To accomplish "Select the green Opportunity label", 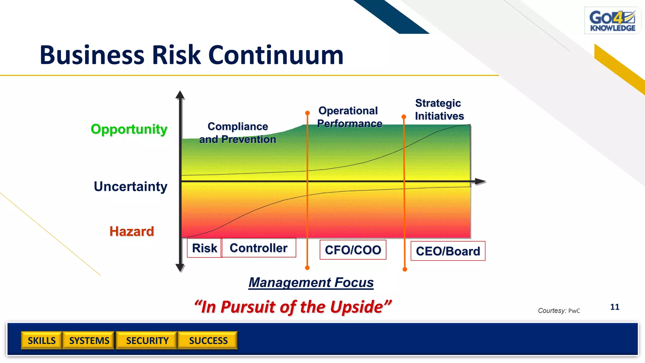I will [129, 129].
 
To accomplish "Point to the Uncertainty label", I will [130, 187].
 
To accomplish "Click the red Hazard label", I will [132, 232].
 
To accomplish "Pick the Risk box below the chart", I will [204, 248].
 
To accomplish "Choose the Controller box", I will [259, 248].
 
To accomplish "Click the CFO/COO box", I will [353, 250].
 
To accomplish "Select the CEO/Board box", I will [448, 251].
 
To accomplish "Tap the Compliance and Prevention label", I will [238, 133].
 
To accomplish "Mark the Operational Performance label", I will [349, 117].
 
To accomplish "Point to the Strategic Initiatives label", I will [439, 110].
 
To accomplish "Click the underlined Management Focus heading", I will [311, 283].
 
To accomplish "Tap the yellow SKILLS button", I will [42, 341].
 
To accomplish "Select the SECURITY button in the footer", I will [147, 341].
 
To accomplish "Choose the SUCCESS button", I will [208, 341].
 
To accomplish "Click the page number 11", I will [614, 307].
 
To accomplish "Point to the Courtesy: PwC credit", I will [559, 311].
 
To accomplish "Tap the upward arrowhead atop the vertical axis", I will [180, 95].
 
